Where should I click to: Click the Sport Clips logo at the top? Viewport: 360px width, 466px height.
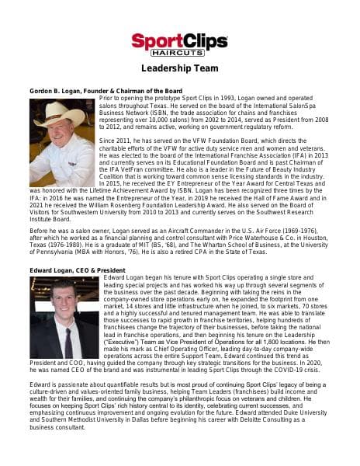pyautogui.click(x=179, y=43)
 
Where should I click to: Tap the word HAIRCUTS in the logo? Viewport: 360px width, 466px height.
pyautogui.click(x=179, y=53)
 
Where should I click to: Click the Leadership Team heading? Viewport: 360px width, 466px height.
pyautogui.click(x=179, y=69)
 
